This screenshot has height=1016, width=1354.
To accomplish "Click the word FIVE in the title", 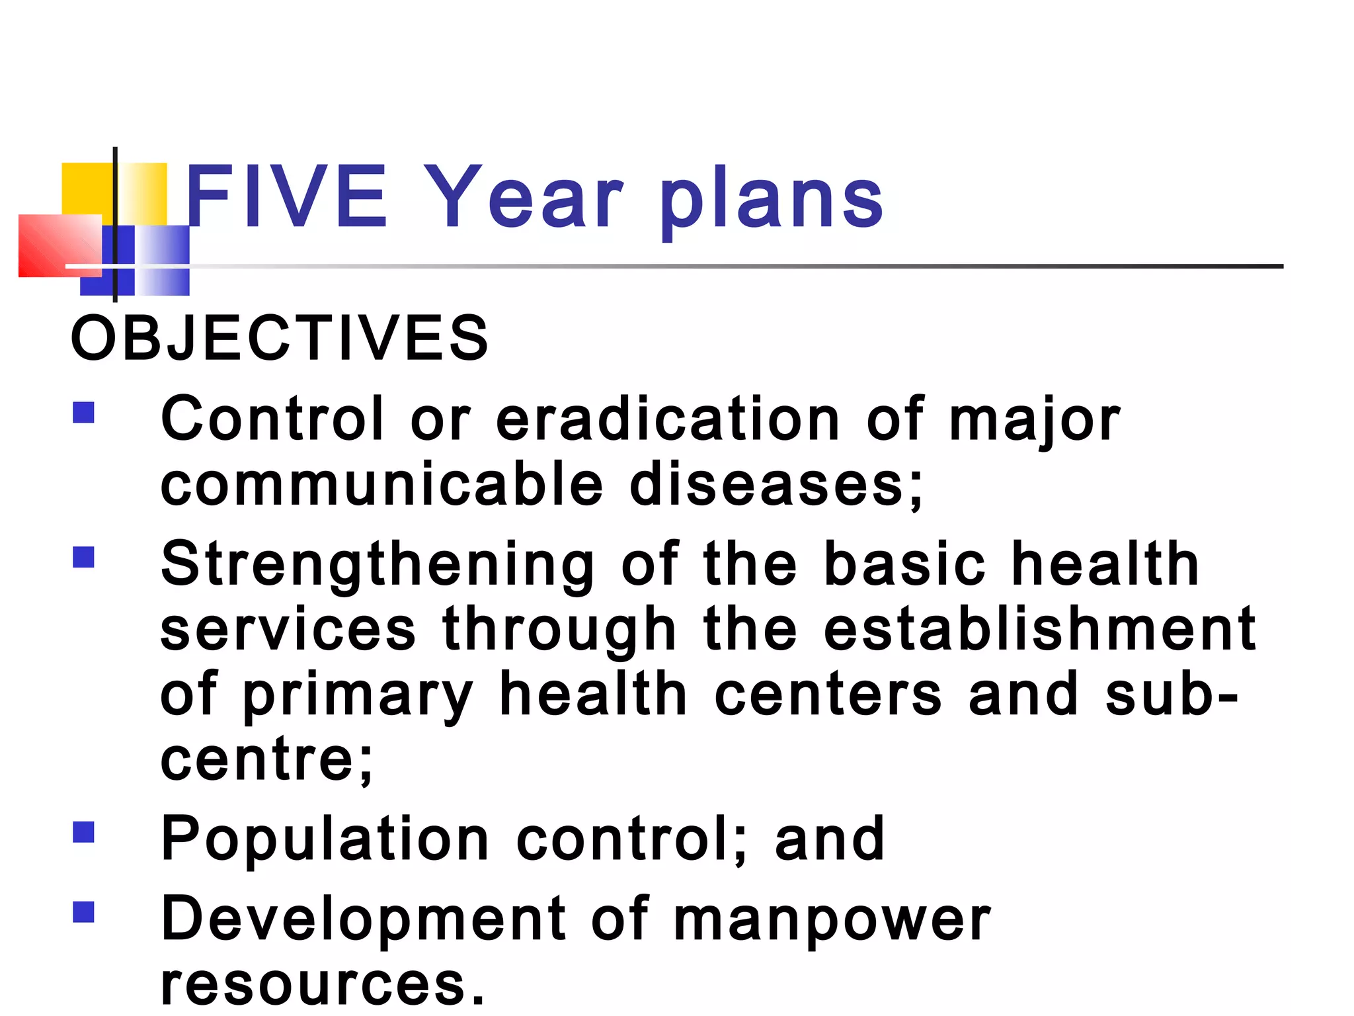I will pyautogui.click(x=286, y=196).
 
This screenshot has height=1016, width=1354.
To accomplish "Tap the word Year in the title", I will pyautogui.click(x=522, y=196).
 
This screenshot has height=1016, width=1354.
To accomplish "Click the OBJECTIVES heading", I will pyautogui.click(x=280, y=338).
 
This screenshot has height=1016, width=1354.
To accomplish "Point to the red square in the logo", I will pyautogui.click(x=60, y=245).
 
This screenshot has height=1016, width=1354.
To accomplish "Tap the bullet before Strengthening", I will pyautogui.click(x=84, y=557).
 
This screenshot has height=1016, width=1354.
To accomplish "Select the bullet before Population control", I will pyautogui.click(x=84, y=831).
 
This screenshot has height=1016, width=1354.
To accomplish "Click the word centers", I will pyautogui.click(x=828, y=694).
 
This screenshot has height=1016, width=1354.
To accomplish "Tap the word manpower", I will pyautogui.click(x=832, y=921).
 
